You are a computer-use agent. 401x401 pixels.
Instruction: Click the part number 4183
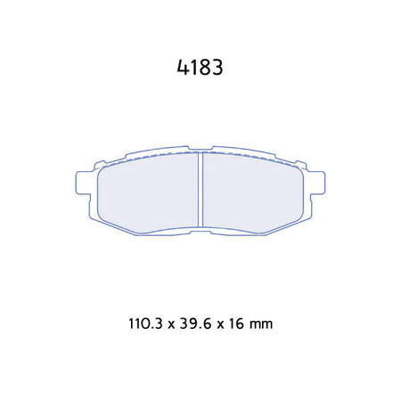(x=200, y=67)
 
